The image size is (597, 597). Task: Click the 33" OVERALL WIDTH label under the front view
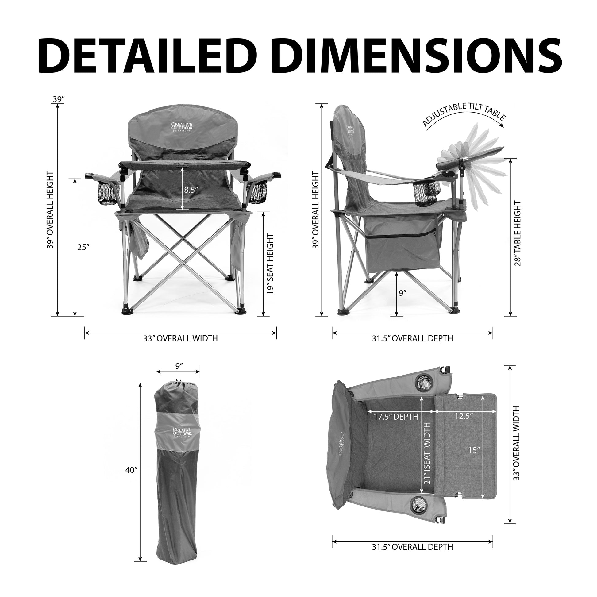pos(180,338)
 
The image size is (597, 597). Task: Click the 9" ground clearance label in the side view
pos(402,293)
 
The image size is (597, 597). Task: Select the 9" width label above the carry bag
pos(179,366)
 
